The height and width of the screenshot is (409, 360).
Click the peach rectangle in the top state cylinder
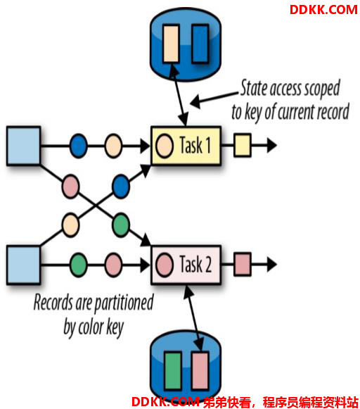pos(171,44)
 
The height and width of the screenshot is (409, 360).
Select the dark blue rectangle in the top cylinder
pos(200,44)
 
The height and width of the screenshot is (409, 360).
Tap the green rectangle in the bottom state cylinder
pos(173,370)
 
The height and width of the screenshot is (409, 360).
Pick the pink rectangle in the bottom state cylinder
pos(200,370)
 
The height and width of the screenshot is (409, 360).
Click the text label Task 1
pos(195,145)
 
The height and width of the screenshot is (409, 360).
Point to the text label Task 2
pos(195,264)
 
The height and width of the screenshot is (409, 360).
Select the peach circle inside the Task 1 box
pos(165,146)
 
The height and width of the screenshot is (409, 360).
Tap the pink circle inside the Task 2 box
pos(165,265)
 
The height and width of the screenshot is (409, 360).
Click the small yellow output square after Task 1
pos(243,145)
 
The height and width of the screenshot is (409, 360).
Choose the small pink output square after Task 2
pos(243,264)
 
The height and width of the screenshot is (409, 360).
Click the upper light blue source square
pos(23,146)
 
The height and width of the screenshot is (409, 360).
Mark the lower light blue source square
pos(23,265)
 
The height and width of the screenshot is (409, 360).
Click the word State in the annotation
pos(253,87)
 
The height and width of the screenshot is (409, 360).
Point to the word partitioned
pos(124,303)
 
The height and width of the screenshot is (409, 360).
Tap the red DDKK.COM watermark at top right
pos(323,10)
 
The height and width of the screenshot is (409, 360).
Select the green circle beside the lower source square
pos(79,265)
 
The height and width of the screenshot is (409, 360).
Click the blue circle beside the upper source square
pos(79,146)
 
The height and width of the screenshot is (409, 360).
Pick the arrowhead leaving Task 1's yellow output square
pos(271,145)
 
